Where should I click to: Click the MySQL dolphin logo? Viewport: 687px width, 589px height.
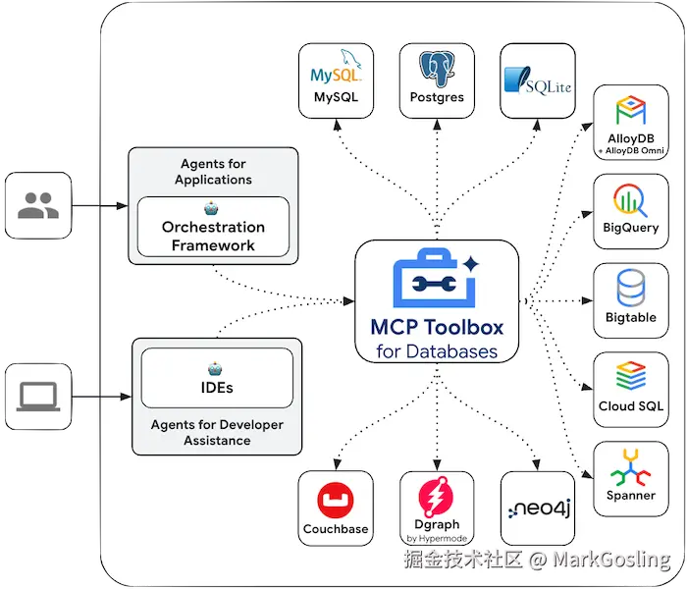pyautogui.click(x=336, y=71)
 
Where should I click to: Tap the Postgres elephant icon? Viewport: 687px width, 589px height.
pyautogui.click(x=437, y=70)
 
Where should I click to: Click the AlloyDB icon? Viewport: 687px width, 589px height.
pyautogui.click(x=630, y=110)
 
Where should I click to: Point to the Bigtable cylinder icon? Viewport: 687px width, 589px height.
pyautogui.click(x=630, y=289)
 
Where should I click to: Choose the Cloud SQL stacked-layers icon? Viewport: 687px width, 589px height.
pyautogui.click(x=630, y=377)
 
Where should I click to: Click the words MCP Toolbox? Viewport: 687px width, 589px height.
pyautogui.click(x=437, y=328)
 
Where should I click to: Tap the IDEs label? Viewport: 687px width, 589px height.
pyautogui.click(x=217, y=387)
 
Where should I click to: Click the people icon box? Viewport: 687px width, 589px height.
pyautogui.click(x=38, y=205)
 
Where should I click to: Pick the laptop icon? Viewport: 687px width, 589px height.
pyautogui.click(x=38, y=396)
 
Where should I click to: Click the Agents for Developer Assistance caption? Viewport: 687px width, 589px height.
pyautogui.click(x=217, y=433)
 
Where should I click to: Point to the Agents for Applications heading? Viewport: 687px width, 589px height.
pyautogui.click(x=213, y=172)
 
